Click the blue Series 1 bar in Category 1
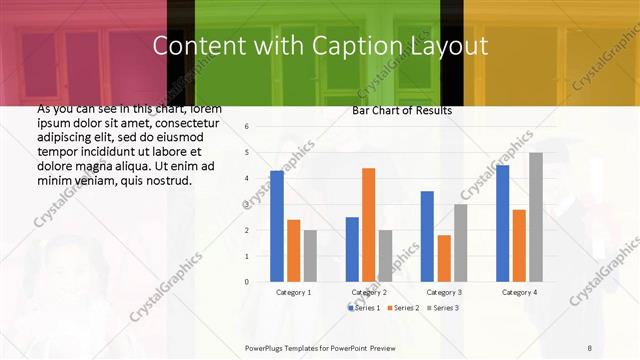[x=277, y=226]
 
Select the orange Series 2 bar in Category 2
[x=368, y=225]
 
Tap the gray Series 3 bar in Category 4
[x=536, y=217]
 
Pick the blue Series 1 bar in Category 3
[x=427, y=236]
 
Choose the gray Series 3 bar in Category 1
[x=310, y=256]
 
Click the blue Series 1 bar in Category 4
[x=502, y=223]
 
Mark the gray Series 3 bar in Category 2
[x=385, y=256]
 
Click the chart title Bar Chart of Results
[x=401, y=110]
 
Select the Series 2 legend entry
[x=402, y=308]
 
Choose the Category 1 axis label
[x=293, y=292]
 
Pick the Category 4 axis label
[x=518, y=292]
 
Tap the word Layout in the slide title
[x=450, y=46]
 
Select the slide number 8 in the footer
[x=590, y=346]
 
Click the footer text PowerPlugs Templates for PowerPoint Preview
[x=321, y=346]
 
